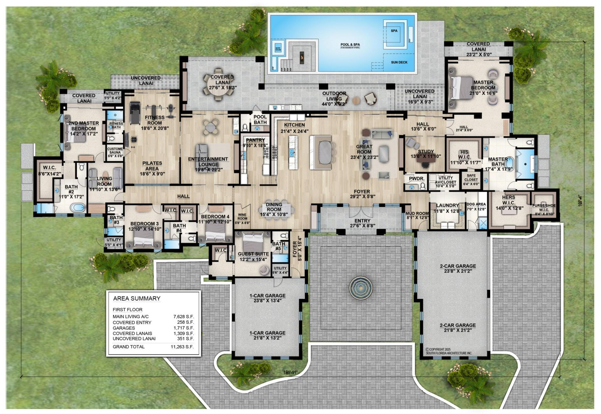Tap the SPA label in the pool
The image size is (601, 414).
[x=394, y=31]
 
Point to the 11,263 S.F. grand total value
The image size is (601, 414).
[x=182, y=347]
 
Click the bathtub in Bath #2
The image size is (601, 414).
[x=77, y=207]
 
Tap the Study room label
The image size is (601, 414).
[x=426, y=152]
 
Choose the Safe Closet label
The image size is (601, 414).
[x=471, y=178]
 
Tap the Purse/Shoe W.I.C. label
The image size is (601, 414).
[x=544, y=208]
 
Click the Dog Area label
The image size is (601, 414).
[x=476, y=204]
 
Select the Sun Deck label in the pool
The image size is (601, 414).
[x=399, y=62]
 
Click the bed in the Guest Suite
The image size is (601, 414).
[x=252, y=243]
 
